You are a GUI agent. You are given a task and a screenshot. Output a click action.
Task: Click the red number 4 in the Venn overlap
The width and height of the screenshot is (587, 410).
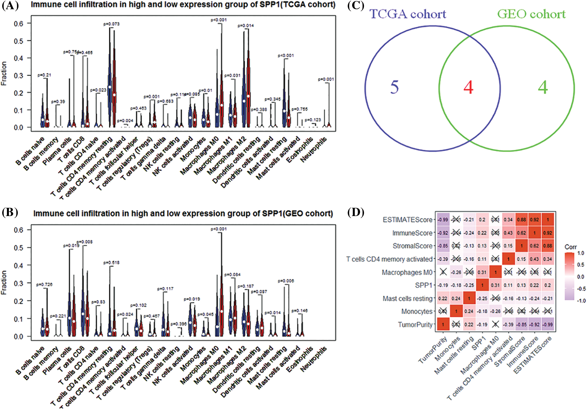click(x=468, y=87)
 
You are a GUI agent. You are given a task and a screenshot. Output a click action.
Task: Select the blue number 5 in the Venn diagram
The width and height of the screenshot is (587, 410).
click(x=394, y=87)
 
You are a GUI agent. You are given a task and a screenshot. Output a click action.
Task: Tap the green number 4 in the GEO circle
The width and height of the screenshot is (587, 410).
click(x=543, y=87)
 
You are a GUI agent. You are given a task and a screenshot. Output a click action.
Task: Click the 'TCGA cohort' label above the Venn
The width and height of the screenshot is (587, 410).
click(x=408, y=14)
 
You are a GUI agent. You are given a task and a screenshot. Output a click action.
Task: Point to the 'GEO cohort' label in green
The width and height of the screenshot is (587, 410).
click(x=531, y=14)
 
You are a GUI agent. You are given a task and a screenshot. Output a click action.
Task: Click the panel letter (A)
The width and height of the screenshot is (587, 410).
click(x=10, y=6)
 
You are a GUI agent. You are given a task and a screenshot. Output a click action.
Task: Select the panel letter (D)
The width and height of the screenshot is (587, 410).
click(x=356, y=212)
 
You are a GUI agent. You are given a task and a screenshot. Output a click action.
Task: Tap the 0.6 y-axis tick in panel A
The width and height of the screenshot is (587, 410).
click(x=18, y=23)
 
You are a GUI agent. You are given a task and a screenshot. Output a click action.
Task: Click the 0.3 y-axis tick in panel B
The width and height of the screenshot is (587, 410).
click(x=18, y=283)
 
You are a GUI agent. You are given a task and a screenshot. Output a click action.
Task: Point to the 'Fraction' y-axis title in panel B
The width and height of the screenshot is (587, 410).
click(x=4, y=283)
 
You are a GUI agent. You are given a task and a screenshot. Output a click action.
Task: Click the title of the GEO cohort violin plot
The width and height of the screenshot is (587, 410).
click(x=183, y=213)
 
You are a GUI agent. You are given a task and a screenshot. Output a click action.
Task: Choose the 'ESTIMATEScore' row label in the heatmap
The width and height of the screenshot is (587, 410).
click(x=407, y=220)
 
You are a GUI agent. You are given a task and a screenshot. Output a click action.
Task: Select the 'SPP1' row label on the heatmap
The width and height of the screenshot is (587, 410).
click(x=424, y=285)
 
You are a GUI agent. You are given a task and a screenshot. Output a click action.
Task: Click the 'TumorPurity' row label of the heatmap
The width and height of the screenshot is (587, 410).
click(x=415, y=325)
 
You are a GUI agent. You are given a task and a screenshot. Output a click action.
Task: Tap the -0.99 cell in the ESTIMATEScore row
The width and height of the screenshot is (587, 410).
click(x=443, y=220)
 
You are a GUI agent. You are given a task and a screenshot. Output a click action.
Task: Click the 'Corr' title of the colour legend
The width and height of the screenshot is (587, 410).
click(x=571, y=247)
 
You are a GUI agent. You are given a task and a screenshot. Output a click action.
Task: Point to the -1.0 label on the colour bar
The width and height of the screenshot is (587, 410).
click(x=581, y=300)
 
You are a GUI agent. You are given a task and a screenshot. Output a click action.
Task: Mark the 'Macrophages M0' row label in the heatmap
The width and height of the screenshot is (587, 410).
click(x=407, y=272)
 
